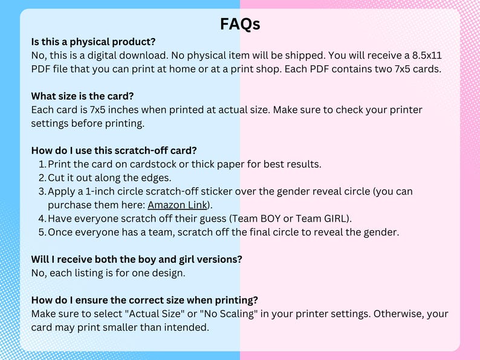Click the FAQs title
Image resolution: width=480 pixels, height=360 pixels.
pyautogui.click(x=240, y=24)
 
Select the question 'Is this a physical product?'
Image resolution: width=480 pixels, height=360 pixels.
pyautogui.click(x=93, y=42)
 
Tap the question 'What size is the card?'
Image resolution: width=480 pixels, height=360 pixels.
pyautogui.click(x=82, y=96)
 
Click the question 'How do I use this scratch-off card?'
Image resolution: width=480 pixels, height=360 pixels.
pyautogui.click(x=114, y=150)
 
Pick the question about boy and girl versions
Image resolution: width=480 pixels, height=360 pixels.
pyautogui.click(x=137, y=259)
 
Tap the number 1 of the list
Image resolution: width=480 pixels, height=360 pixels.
pyautogui.click(x=42, y=164)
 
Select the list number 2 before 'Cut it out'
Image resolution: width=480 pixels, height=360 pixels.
pyautogui.click(x=42, y=178)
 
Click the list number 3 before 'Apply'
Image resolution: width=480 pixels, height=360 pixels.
pyautogui.click(x=42, y=191)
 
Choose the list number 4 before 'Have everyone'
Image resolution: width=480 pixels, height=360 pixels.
pyautogui.click(x=42, y=219)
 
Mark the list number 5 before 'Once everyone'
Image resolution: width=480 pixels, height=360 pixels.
pyautogui.click(x=42, y=232)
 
